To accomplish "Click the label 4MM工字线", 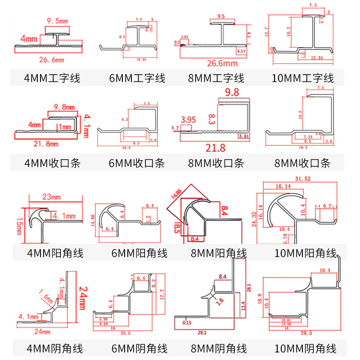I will pos(52,78).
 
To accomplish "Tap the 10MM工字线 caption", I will pos(303,78).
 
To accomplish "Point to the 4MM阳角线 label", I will pos(54,253).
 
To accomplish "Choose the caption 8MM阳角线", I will pos(219,253).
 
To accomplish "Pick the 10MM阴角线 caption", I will pos(305,348).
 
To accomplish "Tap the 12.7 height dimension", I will pos(267,32).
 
